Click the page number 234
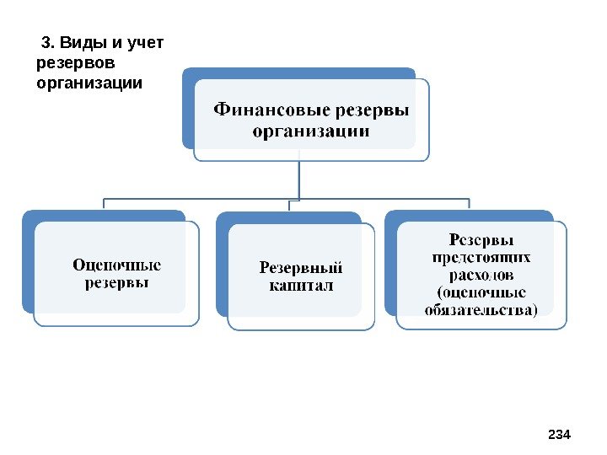point(560,435)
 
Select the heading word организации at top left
point(90,83)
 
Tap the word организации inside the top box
point(310,131)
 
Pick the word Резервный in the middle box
point(301,269)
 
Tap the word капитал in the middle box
point(301,287)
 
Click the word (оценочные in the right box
point(481,292)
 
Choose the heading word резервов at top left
point(75,63)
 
